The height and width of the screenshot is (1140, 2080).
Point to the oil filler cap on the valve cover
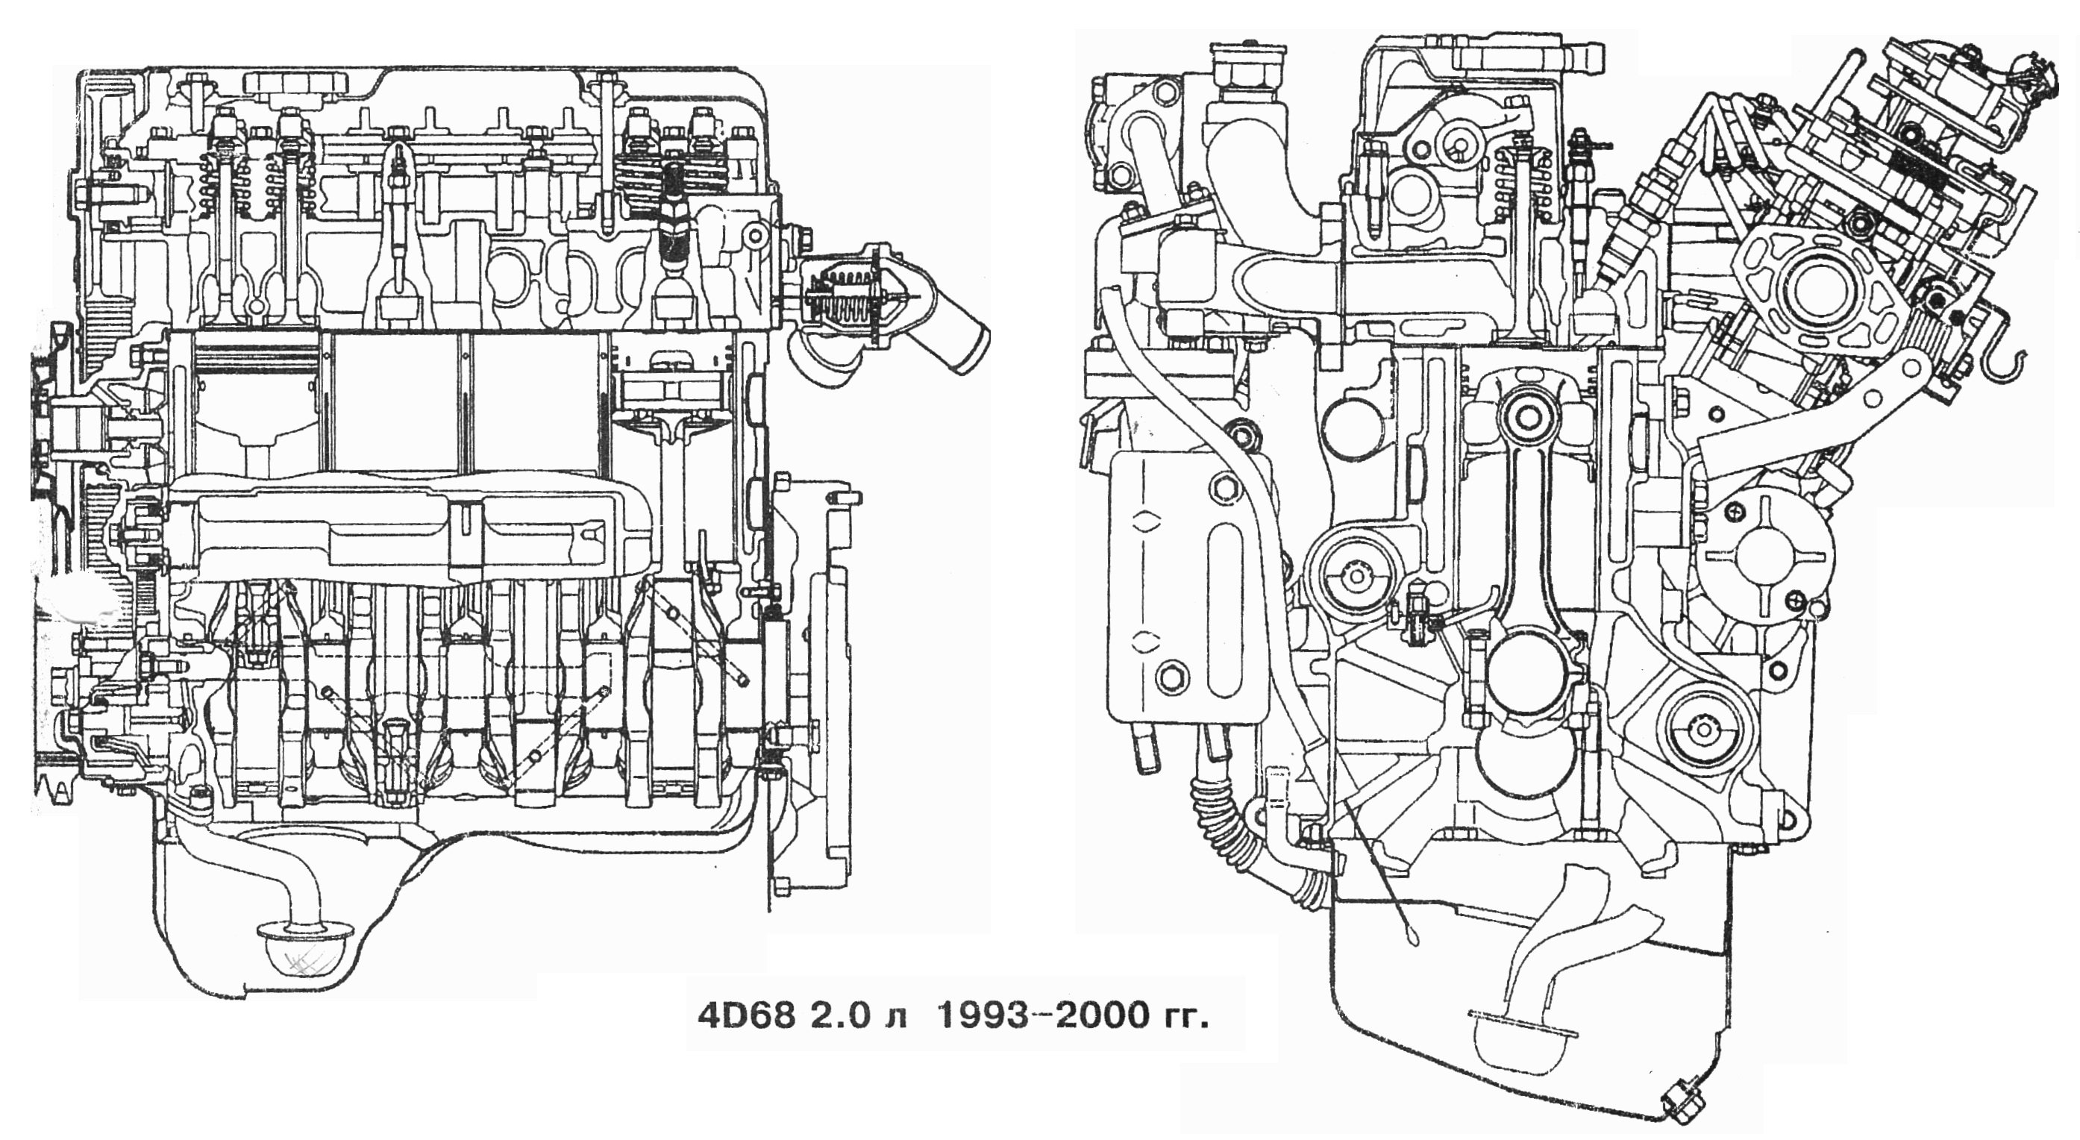(295, 83)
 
